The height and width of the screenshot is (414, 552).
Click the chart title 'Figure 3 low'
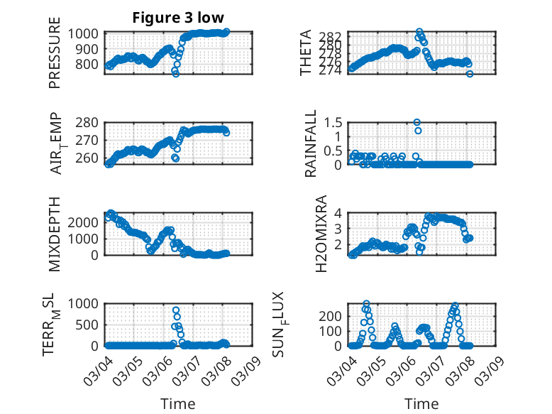[x=179, y=18]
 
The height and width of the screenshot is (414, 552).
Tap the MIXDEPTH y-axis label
[x=55, y=234]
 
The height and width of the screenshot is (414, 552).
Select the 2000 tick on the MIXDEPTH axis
[x=85, y=222]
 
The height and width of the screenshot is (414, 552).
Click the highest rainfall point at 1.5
[x=417, y=122]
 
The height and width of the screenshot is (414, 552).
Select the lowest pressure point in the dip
[x=176, y=73]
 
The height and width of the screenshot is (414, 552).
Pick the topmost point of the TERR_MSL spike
[x=176, y=310]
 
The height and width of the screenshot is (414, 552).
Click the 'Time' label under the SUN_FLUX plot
[x=421, y=403]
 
